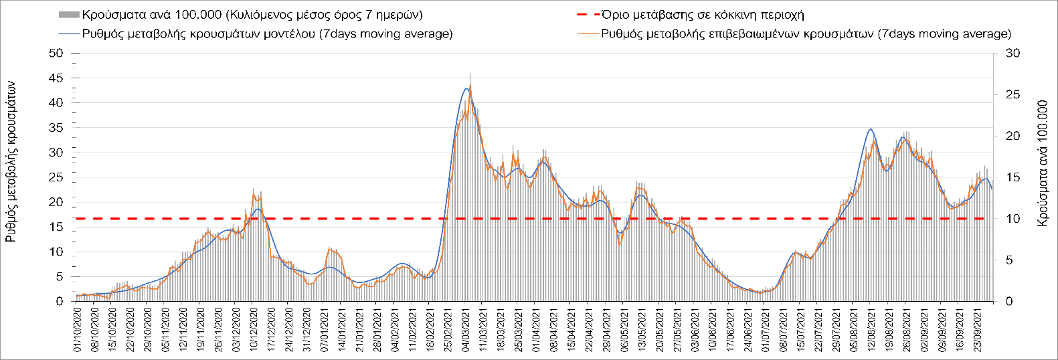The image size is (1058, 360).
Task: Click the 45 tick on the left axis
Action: tap(56, 78)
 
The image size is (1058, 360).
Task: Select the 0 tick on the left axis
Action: tap(60, 302)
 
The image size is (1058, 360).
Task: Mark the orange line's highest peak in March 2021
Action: tap(471, 85)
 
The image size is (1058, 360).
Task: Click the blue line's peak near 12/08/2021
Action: tap(870, 128)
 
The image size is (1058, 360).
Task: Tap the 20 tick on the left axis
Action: tap(56, 202)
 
